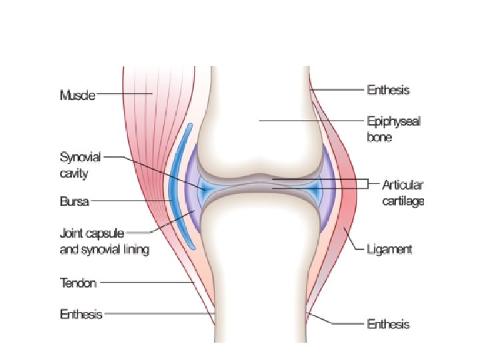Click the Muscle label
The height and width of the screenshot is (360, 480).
(x=77, y=95)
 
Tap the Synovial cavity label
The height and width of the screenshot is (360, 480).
(x=79, y=165)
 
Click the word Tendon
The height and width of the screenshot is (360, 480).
(x=78, y=283)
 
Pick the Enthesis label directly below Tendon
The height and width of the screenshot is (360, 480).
(x=81, y=313)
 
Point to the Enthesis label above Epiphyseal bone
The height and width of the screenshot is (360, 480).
(x=388, y=89)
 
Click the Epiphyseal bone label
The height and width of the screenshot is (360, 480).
(x=393, y=130)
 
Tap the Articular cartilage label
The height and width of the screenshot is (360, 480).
(x=402, y=191)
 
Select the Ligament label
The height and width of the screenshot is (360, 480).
(x=390, y=249)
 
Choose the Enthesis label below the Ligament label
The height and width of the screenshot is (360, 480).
(x=388, y=325)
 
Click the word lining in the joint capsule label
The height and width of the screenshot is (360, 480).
(x=133, y=250)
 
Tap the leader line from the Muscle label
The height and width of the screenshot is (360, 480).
(x=123, y=95)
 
